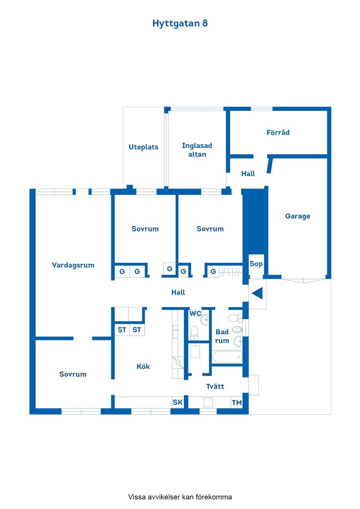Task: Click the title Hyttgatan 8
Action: [x=180, y=23]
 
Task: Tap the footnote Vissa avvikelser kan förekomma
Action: [x=180, y=497]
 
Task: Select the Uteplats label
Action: [x=143, y=147]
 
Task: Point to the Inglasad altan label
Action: [x=197, y=150]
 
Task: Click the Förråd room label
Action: [x=278, y=132]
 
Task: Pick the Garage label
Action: [x=297, y=216]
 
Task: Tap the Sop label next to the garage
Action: [x=256, y=263]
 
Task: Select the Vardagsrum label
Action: [x=73, y=265]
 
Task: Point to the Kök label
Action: [x=143, y=366]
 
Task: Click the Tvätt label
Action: [x=215, y=386]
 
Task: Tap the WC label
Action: [x=195, y=313]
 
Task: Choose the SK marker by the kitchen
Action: [x=178, y=402]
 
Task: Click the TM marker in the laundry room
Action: [x=237, y=403]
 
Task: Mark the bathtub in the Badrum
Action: [x=227, y=357]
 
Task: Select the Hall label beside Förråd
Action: [x=248, y=174]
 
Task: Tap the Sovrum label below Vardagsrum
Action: [x=73, y=374]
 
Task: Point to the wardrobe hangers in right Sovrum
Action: [x=230, y=272]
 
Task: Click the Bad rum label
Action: [x=222, y=336]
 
